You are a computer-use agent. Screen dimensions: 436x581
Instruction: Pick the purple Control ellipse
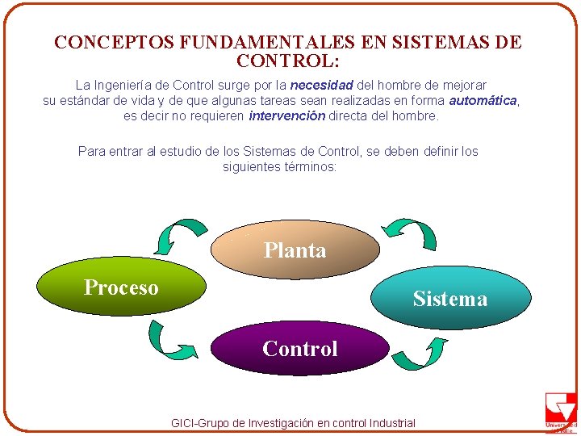299,349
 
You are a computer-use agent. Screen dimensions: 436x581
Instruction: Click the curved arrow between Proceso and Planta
182,233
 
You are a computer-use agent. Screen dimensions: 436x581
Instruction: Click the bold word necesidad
322,85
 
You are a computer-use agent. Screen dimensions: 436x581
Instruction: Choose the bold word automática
483,100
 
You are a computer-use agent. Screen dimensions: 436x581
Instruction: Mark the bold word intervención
286,115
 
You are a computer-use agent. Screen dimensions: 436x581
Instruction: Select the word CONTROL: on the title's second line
288,61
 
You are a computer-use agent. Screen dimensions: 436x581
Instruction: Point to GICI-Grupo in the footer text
199,423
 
